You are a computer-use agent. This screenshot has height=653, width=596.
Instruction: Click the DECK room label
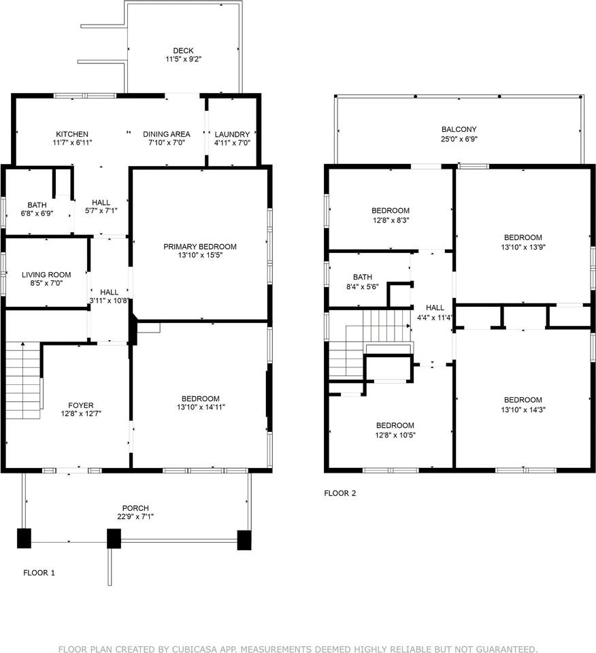point(183,51)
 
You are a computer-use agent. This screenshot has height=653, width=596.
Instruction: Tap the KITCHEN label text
point(72,134)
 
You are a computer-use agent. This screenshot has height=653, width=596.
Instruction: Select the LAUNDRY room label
point(232,135)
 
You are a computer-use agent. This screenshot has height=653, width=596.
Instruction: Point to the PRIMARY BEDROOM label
point(200,246)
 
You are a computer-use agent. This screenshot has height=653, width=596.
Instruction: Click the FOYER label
point(81,405)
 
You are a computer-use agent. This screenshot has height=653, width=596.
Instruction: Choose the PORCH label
point(135,508)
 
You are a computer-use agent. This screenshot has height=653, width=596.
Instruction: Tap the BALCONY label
point(459,129)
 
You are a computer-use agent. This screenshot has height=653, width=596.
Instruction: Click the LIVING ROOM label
point(46,275)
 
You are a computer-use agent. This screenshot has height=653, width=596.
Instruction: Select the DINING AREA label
point(167,134)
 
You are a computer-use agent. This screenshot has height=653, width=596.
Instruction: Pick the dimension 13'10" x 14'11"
point(201,407)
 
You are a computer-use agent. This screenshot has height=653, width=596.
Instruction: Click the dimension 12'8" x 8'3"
point(391,220)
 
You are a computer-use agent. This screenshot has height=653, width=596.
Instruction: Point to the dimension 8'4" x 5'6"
point(363,286)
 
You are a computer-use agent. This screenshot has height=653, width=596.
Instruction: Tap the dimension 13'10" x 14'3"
point(523,409)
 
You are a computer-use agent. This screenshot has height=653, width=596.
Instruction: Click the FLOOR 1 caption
point(39,573)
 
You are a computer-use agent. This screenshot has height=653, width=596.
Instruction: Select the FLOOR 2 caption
point(340,493)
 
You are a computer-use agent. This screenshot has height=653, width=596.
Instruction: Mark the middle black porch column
point(114,539)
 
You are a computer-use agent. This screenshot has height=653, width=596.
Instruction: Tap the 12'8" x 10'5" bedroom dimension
point(395,435)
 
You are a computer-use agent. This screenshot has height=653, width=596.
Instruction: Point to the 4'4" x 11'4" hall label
point(435,318)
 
